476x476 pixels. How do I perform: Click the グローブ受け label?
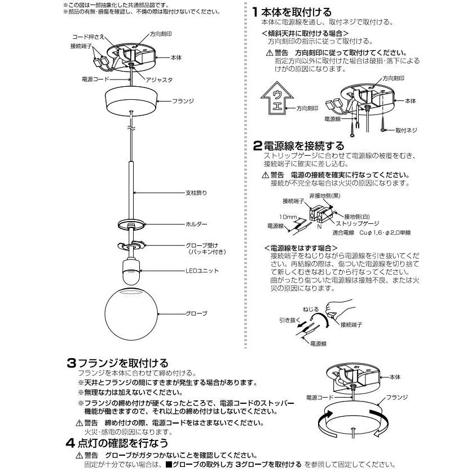point(201,245)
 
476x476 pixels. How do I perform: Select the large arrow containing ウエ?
point(277,97)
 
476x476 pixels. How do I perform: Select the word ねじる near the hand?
point(310,310)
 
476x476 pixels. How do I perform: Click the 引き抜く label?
point(288,319)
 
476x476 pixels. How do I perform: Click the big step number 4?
point(70,443)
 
